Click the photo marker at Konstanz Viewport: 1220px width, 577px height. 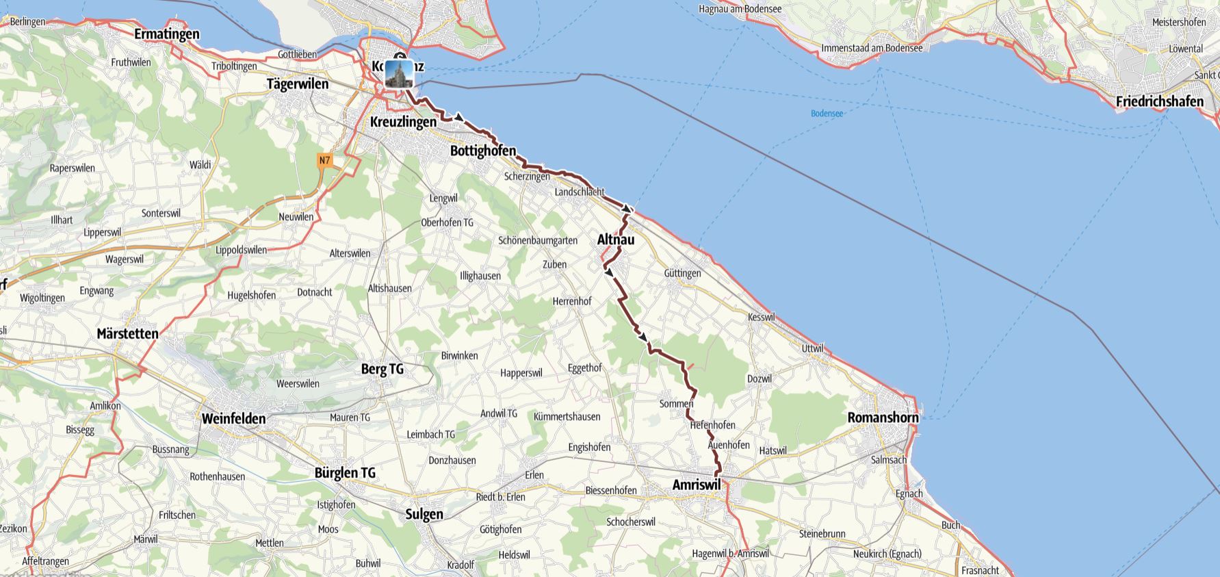[399, 73]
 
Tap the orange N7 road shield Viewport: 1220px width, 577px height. [324, 161]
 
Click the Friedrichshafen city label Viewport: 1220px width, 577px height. [1159, 101]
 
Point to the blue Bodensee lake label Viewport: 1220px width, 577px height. [827, 114]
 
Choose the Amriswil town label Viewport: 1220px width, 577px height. [697, 485]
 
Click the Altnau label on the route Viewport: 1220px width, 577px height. [616, 240]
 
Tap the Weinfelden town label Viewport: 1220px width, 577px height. [233, 418]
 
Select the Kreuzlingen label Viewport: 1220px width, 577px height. [403, 122]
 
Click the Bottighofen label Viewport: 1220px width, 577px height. [483, 151]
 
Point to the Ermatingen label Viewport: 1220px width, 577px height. [167, 34]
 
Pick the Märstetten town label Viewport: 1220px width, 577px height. [128, 334]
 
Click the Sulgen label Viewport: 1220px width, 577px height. [424, 514]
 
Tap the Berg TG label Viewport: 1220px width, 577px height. [382, 369]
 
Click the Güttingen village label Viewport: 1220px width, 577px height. [682, 273]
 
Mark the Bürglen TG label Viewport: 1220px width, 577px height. [345, 473]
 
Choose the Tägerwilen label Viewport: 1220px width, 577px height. [298, 84]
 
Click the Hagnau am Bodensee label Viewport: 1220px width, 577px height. [740, 9]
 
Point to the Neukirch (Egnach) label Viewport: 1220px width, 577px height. [887, 554]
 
